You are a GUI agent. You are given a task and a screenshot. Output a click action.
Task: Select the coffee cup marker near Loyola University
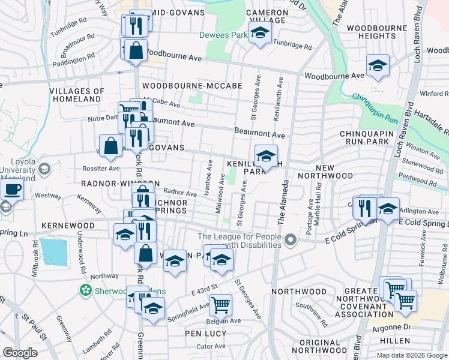12,190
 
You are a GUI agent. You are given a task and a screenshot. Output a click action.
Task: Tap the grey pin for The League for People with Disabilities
291,241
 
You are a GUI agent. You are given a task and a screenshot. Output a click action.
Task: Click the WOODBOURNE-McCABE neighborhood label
192,86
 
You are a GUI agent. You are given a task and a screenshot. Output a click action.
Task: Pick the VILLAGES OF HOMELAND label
76,95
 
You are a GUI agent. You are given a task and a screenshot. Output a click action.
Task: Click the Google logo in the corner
20,352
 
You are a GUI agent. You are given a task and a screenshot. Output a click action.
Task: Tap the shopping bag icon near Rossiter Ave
111,146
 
